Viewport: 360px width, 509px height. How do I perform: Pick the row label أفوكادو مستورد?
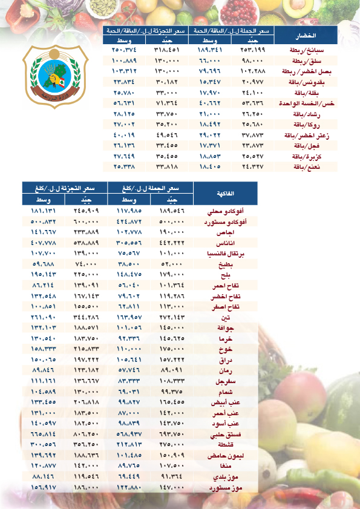coord(227,222)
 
